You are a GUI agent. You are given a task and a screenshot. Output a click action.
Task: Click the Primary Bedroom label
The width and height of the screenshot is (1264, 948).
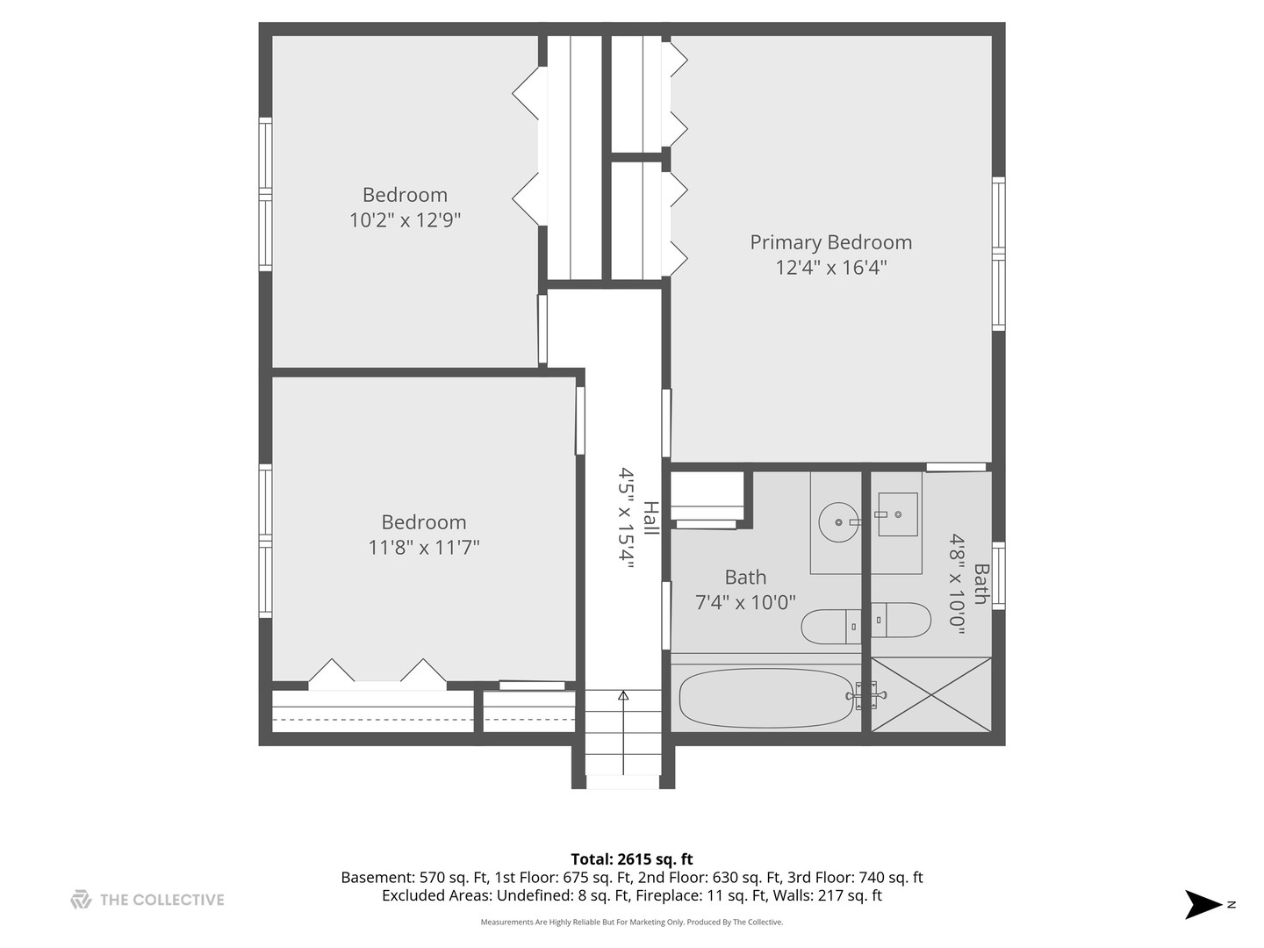[830, 242]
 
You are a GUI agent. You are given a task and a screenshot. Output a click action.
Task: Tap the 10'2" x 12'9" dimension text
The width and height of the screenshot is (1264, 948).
[405, 219]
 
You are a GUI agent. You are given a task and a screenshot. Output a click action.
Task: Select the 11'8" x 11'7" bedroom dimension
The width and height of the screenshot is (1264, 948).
[423, 548]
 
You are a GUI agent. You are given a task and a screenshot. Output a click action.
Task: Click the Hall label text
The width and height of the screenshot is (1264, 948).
[650, 518]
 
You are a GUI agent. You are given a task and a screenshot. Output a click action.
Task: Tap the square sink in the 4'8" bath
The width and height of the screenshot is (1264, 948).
[897, 514]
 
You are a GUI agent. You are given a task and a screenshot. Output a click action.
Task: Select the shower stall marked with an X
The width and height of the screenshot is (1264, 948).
[931, 693]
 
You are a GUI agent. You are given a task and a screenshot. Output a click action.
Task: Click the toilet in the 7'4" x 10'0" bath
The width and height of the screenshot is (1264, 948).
[830, 626]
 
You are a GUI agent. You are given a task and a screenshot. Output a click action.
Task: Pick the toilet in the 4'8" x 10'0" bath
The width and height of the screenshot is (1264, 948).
[901, 620]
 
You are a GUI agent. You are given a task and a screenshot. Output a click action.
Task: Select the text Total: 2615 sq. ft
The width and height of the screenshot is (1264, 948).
[632, 859]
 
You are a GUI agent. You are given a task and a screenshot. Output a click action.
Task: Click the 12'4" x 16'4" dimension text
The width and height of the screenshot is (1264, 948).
[830, 268]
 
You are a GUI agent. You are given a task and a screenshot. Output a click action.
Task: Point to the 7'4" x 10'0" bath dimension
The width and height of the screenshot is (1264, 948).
[745, 602]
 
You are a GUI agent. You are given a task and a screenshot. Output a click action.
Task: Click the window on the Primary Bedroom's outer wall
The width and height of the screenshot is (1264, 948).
[998, 254]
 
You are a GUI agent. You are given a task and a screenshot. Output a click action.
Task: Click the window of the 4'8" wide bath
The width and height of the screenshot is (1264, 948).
[998, 576]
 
